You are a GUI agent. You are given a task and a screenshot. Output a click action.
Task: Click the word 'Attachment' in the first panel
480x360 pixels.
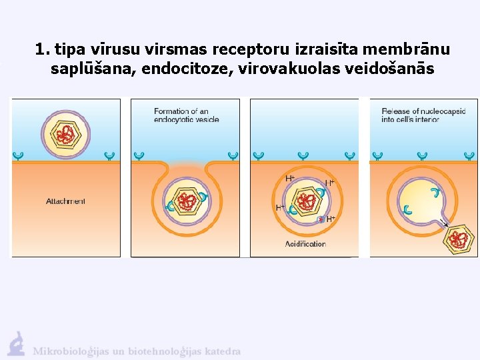click(x=65, y=201)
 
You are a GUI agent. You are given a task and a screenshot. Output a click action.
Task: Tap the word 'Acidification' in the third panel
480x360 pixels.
click(x=305, y=244)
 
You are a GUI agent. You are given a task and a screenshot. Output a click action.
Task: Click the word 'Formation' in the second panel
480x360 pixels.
click(x=171, y=111)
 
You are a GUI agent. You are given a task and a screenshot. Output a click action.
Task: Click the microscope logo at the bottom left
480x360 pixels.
click(x=16, y=344)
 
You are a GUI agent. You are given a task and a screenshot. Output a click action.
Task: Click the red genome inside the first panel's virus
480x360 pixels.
click(x=65, y=135)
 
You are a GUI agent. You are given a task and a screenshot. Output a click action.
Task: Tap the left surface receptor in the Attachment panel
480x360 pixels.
click(x=19, y=156)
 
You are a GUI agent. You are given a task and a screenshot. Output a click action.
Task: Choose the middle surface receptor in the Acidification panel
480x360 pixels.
click(x=303, y=156)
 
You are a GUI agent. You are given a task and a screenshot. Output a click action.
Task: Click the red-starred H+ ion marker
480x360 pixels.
click(x=321, y=219)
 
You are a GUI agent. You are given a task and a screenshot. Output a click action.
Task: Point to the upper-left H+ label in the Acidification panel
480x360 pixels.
click(x=290, y=179)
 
